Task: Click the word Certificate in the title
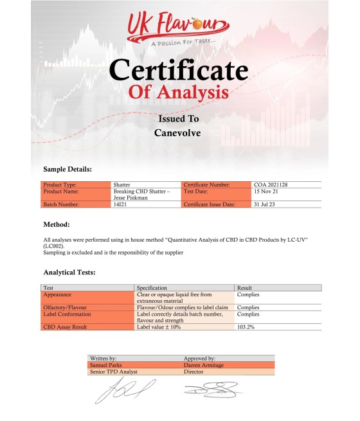[178, 69]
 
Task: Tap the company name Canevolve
[178, 133]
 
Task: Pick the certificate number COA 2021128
[271, 185]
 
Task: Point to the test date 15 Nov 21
[267, 192]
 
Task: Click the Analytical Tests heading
[69, 273]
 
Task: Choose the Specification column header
[152, 288]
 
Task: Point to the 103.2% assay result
[247, 327]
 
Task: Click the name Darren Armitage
[204, 364]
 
